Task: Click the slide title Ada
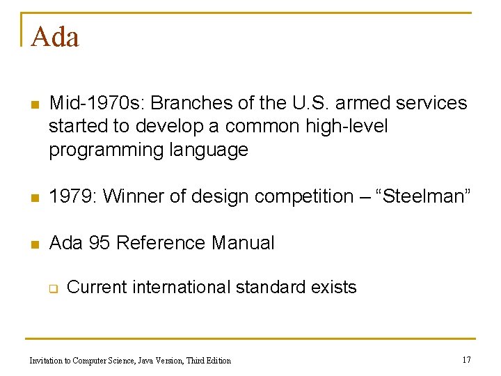pos(55,37)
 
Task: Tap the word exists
pos(333,287)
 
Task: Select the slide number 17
pos(466,360)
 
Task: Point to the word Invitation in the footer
pos(47,361)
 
